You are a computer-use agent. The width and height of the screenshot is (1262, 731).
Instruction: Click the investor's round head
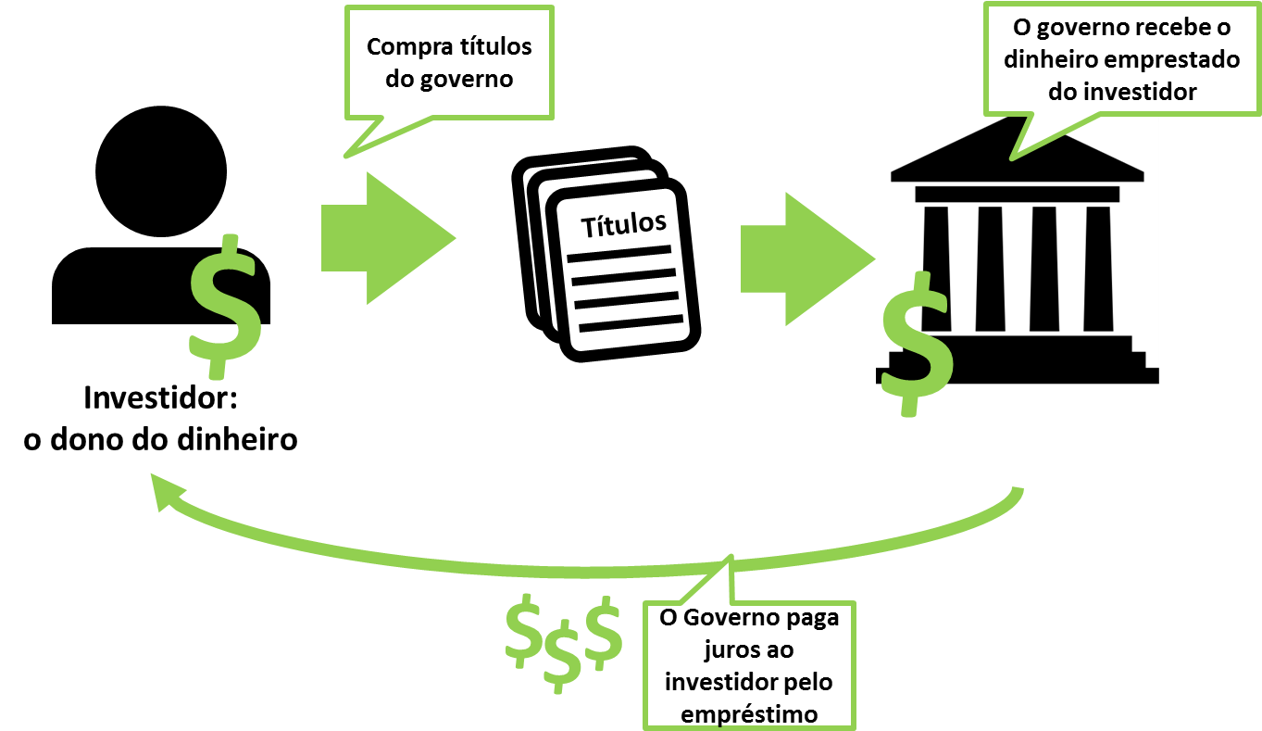tap(161, 171)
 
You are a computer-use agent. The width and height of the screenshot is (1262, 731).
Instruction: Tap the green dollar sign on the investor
tap(225, 307)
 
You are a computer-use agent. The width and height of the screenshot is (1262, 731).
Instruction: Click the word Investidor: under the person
tap(160, 397)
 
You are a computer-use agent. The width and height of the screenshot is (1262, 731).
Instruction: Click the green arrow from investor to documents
tap(388, 238)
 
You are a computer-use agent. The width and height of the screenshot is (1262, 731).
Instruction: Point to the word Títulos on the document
tap(624, 225)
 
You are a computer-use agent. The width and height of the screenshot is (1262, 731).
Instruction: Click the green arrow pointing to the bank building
tap(807, 259)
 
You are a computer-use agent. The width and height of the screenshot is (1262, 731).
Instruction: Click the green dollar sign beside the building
tap(918, 344)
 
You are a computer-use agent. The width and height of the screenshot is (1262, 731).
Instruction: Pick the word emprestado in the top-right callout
tap(1172, 59)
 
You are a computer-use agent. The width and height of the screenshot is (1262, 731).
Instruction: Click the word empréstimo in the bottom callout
tap(749, 714)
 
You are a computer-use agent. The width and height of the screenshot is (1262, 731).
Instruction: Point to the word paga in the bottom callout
tap(812, 618)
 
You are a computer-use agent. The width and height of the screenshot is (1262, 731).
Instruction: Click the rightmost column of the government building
tap(1098, 269)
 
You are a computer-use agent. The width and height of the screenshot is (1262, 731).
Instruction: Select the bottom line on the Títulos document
tap(631, 323)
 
